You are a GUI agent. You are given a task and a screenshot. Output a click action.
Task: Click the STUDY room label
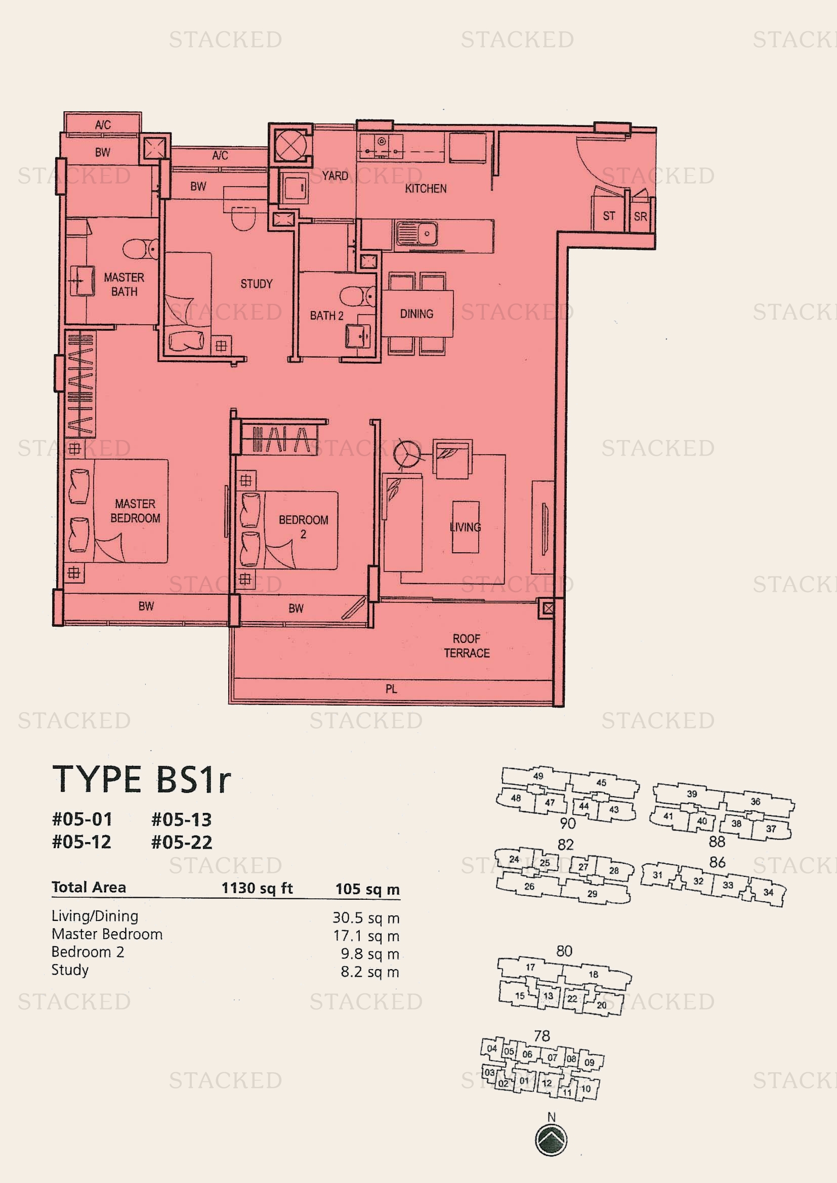pos(256,284)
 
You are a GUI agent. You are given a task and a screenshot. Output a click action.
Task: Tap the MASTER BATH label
pos(124,284)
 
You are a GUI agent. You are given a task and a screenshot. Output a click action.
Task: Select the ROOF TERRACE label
pos(467,645)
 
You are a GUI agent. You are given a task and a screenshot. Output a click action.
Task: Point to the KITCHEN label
pos(426,189)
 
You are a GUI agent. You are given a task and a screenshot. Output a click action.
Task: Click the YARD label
pos(335,176)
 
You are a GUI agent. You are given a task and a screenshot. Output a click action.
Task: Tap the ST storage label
pos(609,216)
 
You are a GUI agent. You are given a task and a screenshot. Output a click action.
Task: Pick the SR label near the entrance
pos(640,216)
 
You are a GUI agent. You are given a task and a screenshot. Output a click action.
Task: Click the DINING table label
pos(416,314)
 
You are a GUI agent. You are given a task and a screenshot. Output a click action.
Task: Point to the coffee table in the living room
pos(466,527)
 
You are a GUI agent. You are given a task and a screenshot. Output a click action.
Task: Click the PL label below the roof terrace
pos(391,689)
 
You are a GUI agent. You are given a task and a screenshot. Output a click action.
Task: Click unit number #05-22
pos(182,843)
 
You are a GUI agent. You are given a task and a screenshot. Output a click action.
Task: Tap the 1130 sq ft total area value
pos(257,888)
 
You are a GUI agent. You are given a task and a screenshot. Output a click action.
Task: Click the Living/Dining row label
pos(95,916)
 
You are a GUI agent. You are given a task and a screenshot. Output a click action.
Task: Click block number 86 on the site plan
pos(718,862)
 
